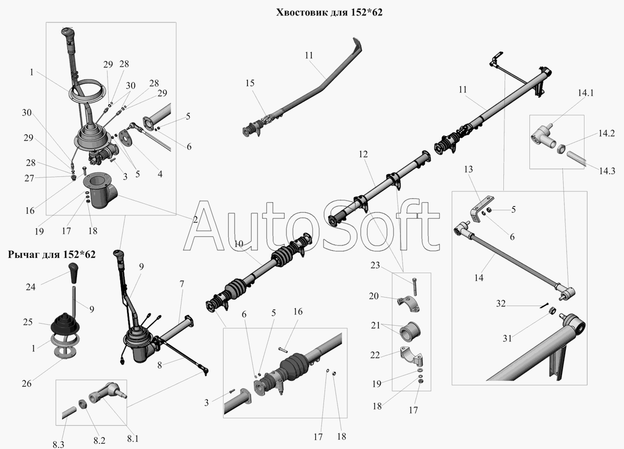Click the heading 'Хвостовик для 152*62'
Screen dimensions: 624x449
(x=329, y=12)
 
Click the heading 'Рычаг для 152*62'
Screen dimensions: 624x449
(x=51, y=254)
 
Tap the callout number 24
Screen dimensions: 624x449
(x=31, y=287)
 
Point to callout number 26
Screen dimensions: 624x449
(x=27, y=383)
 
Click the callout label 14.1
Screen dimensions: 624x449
(x=586, y=93)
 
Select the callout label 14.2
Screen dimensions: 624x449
(x=606, y=133)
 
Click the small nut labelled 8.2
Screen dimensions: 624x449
(x=82, y=404)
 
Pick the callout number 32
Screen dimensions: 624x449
(x=501, y=303)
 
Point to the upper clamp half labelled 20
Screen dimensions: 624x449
(x=409, y=304)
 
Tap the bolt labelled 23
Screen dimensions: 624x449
(x=414, y=287)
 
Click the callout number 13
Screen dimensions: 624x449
(x=469, y=169)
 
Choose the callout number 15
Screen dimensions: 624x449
(x=250, y=83)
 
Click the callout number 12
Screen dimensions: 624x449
(x=363, y=154)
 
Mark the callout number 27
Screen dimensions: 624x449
(x=29, y=178)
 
